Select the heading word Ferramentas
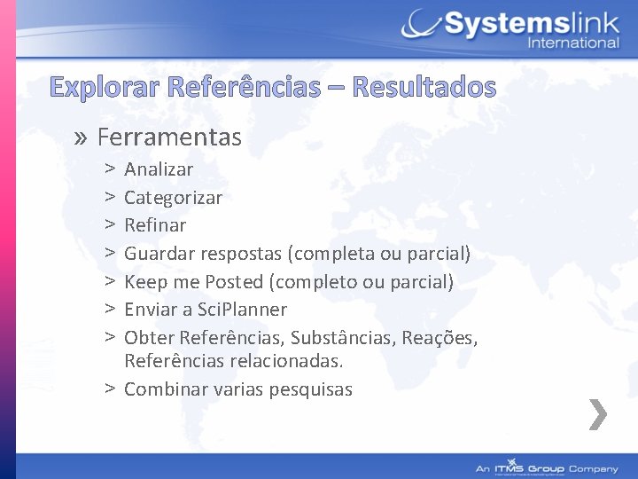169,137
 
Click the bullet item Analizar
159,169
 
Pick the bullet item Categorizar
173,197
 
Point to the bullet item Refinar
155,225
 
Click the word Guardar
158,254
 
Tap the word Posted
234,282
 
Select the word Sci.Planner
243,310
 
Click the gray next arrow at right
598,414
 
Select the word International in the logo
573,43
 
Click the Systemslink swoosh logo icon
420,25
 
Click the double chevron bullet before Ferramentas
82,138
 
